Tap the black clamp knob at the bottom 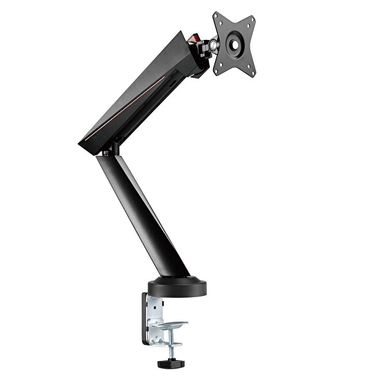click(171, 363)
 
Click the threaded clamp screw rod click(171, 347)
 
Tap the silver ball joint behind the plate click(212, 45)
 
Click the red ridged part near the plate click(193, 41)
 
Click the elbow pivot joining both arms click(109, 150)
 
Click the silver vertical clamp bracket click(154, 315)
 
